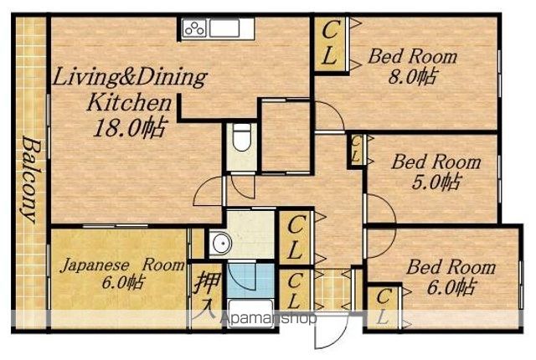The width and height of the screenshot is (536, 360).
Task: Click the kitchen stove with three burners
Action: click(195, 28)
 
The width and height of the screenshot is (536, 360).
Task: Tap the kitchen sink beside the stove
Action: click(224, 28)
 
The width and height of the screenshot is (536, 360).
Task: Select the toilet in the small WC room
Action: click(242, 136)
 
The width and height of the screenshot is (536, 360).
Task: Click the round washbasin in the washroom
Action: click(219, 243)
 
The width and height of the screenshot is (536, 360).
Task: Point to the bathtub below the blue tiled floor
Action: click(250, 311)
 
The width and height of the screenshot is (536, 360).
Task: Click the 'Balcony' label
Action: click(31, 179)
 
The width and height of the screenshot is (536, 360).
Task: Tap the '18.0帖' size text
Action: click(131, 128)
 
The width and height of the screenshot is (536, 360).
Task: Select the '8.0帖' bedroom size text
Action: click(412, 77)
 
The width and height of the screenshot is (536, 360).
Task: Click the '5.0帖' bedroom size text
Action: click(435, 182)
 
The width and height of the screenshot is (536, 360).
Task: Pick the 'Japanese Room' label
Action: click(122, 265)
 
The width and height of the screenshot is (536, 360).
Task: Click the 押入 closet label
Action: click(206, 294)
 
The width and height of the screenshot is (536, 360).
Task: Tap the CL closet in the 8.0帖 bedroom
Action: click(330, 44)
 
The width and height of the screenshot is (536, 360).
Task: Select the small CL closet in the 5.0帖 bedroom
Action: click(355, 150)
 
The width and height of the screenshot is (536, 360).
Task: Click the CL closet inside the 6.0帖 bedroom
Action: click(383, 306)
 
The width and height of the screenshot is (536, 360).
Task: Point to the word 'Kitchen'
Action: click(129, 102)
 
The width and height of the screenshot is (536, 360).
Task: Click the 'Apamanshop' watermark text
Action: click(269, 318)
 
